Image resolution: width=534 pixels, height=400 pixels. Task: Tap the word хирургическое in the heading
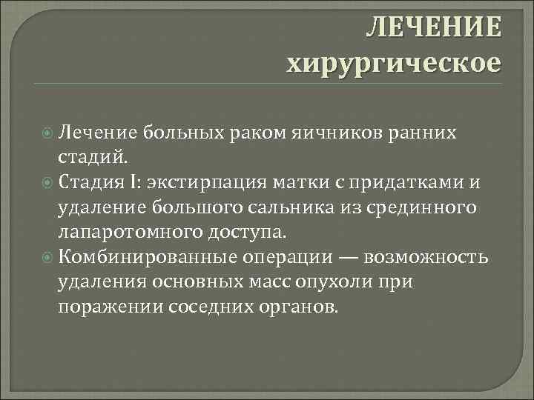tap(394, 61)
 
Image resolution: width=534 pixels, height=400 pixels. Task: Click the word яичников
tap(355, 133)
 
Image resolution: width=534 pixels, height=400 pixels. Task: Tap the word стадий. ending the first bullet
tap(93, 157)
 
